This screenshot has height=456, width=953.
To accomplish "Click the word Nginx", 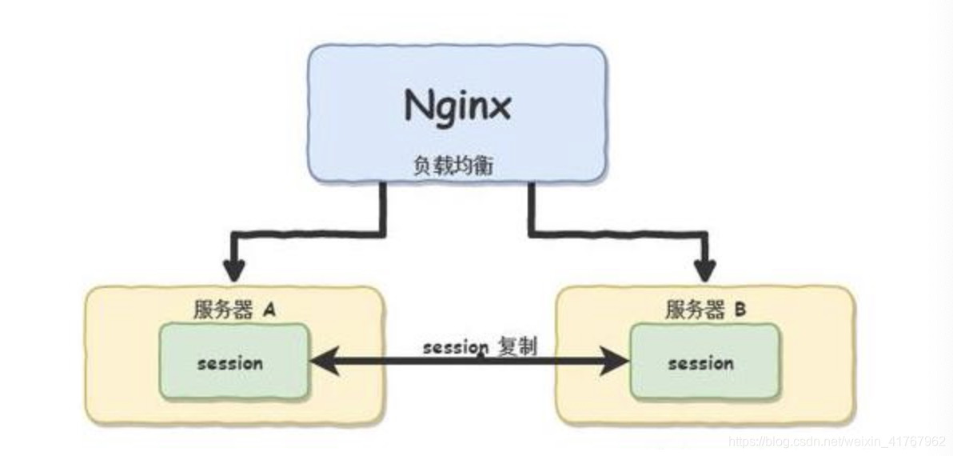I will tap(457, 106).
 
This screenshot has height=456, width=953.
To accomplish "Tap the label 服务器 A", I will tap(234, 310).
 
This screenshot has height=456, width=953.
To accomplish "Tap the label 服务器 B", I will tap(705, 310).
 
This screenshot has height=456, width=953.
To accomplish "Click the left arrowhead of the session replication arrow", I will tap(320, 363).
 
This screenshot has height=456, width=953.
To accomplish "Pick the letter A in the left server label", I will tap(269, 310).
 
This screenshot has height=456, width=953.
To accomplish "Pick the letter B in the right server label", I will tap(740, 310).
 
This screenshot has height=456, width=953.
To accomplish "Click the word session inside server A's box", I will tap(230, 363).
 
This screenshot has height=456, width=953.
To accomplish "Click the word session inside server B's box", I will tap(700, 364).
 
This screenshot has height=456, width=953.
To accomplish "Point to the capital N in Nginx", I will tap(419, 106).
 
